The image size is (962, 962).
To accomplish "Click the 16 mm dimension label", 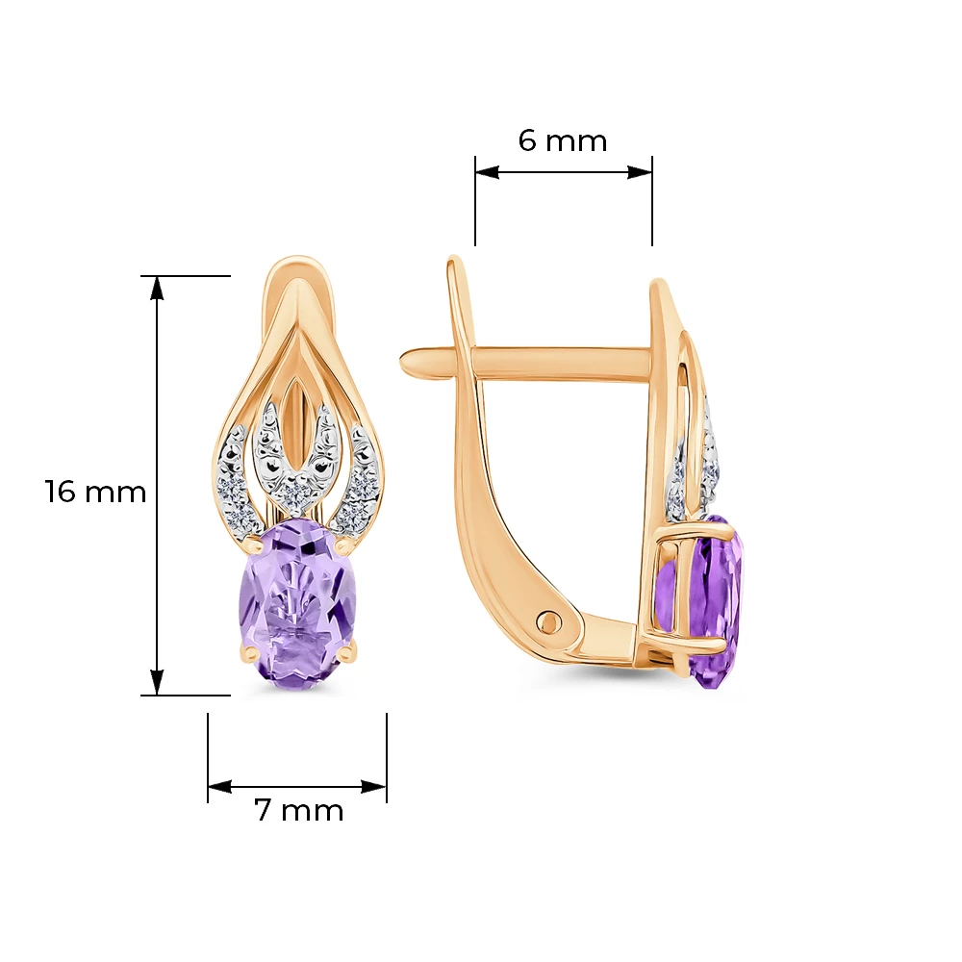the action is point(95,492).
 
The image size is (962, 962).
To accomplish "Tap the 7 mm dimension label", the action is point(299,810).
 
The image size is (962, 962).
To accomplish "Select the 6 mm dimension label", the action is point(563,140).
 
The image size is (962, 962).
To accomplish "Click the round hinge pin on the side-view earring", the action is point(549,623).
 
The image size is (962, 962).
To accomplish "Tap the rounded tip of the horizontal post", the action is point(406,361).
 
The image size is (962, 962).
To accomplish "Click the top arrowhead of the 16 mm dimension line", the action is point(158,287).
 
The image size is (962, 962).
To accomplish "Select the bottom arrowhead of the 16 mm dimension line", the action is point(158,683).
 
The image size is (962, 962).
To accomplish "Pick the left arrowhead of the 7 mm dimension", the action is point(219,787).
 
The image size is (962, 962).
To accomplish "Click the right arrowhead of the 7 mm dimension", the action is point(374,787).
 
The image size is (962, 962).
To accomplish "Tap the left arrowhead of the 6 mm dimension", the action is point(487,172).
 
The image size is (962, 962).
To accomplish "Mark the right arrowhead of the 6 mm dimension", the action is point(640,172).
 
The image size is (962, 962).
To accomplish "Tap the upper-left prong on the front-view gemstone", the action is point(250,543).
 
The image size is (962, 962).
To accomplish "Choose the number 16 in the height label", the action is point(60,492).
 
